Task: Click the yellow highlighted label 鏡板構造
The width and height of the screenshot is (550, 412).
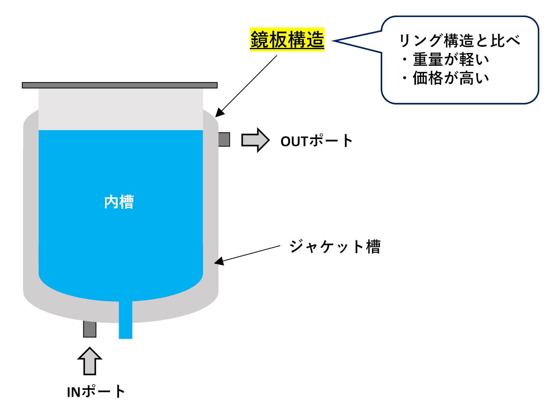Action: click(287, 40)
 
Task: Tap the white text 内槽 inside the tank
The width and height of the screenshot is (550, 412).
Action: click(119, 202)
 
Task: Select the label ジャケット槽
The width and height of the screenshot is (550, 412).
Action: click(335, 246)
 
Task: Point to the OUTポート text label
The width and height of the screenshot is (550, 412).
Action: click(316, 141)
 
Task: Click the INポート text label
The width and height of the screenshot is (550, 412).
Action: click(96, 392)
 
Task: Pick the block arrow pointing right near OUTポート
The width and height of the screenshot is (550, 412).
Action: click(255, 140)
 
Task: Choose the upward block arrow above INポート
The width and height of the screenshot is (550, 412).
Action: click(90, 361)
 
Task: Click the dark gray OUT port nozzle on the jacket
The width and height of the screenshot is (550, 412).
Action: click(224, 139)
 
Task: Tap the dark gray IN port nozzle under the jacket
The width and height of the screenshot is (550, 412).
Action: click(90, 329)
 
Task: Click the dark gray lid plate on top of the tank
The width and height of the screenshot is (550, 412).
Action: click(119, 85)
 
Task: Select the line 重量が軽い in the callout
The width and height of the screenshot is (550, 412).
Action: click(450, 59)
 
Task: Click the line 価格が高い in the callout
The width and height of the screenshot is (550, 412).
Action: click(450, 78)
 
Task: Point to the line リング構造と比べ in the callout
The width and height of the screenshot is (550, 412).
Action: click(459, 40)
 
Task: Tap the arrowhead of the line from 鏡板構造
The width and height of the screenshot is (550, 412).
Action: click(219, 113)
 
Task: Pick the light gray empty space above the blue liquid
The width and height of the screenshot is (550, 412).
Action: click(121, 109)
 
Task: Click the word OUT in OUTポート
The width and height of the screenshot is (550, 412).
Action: click(294, 141)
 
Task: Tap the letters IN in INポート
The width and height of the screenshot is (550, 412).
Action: click(74, 392)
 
